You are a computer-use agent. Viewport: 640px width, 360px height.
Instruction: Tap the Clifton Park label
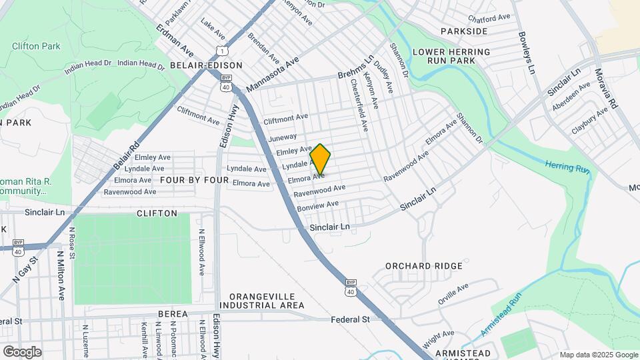pyautogui.click(x=36, y=46)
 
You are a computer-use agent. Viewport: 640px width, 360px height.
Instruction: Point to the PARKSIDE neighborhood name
pyautogui.click(x=464, y=31)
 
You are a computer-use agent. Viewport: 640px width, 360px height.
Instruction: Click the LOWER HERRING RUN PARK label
pyautogui.click(x=451, y=56)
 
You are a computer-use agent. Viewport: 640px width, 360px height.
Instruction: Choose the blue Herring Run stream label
pyautogui.click(x=567, y=167)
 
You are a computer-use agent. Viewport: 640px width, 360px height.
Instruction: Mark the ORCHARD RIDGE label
pyautogui.click(x=424, y=266)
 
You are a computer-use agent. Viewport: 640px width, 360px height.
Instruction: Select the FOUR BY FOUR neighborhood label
pyautogui.click(x=194, y=181)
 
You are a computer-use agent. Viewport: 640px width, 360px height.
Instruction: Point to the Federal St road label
pyautogui.click(x=351, y=320)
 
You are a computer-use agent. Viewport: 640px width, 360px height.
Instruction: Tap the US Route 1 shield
pyautogui.click(x=221, y=51)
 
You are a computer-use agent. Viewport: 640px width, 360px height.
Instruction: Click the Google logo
pyautogui.click(x=21, y=351)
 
